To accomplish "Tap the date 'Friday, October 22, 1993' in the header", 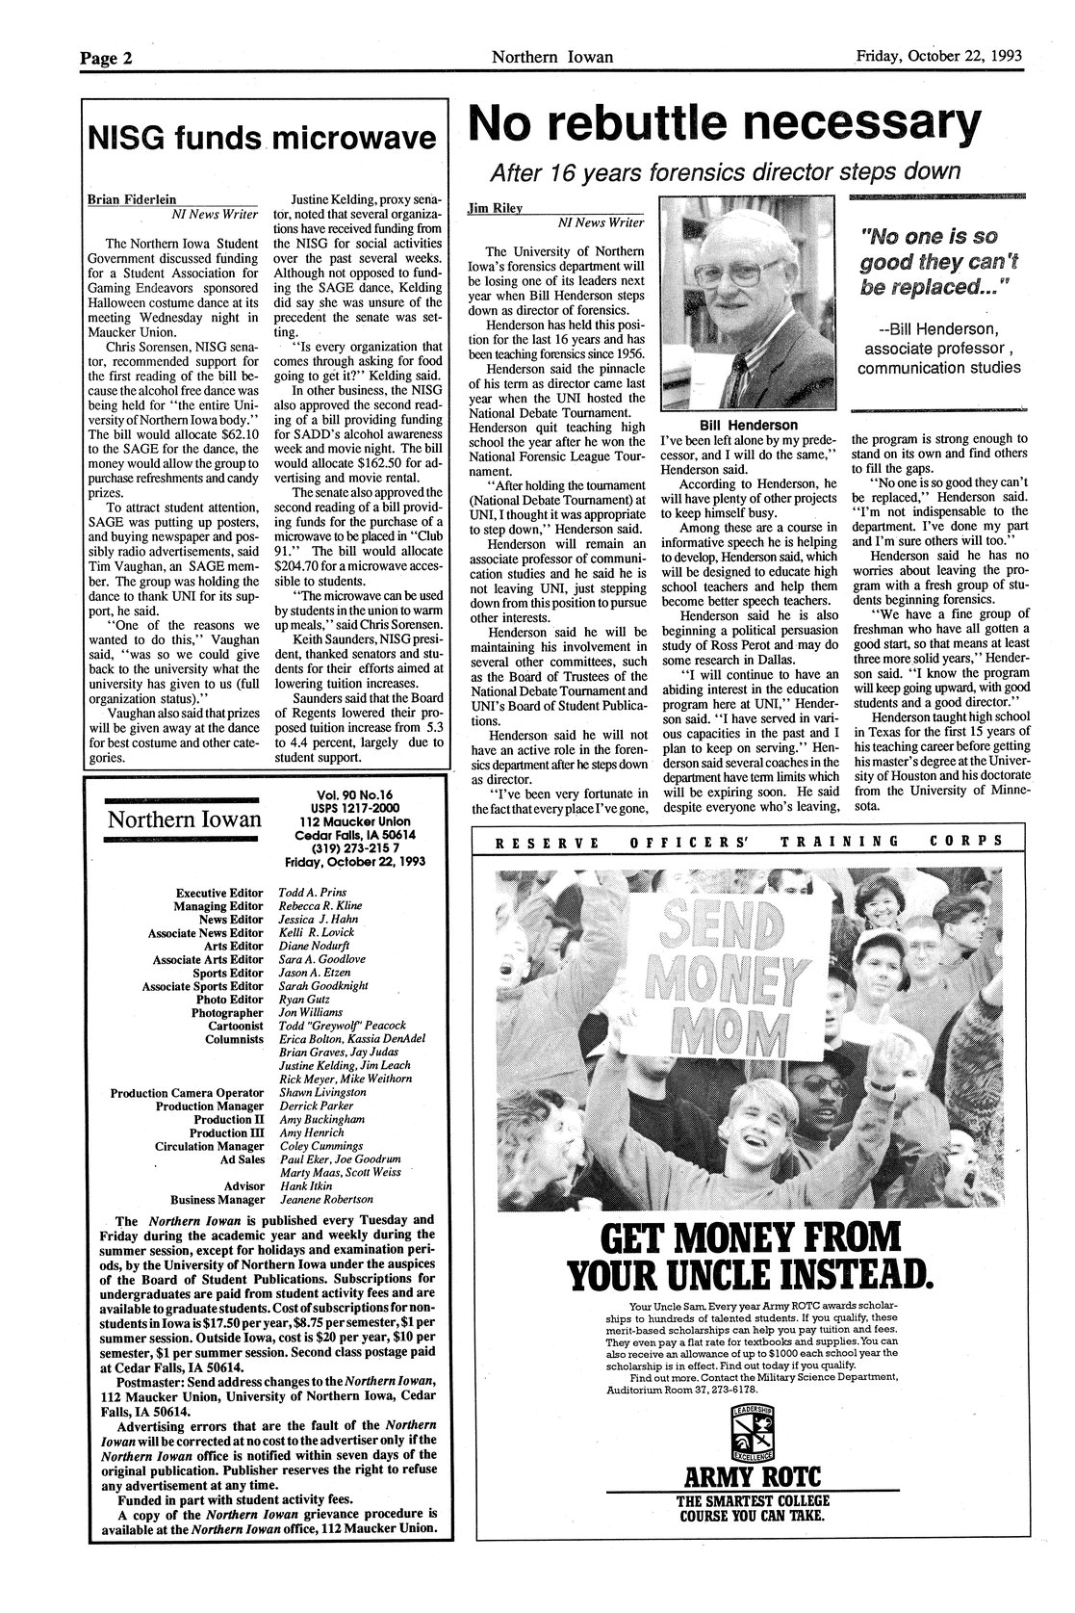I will point(941,56).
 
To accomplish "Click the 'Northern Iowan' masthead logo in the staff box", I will point(184,820).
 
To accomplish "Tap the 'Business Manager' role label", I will point(217,1200).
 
